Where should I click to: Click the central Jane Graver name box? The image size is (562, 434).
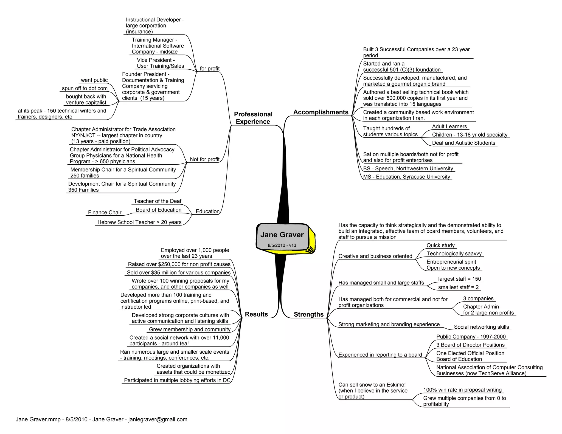click(x=282, y=235)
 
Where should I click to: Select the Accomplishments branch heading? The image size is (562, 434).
click(x=321, y=112)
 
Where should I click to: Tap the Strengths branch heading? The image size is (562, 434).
click(x=308, y=314)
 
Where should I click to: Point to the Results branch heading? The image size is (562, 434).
click(x=256, y=314)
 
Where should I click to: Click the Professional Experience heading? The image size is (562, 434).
click(x=253, y=118)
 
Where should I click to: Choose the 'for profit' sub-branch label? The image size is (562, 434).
click(x=210, y=69)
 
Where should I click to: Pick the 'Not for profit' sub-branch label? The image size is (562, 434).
click(x=204, y=159)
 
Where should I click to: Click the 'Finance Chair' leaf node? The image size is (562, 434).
click(x=105, y=213)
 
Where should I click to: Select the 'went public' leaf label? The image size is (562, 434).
click(x=94, y=80)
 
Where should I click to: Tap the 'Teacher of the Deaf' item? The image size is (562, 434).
click(x=158, y=201)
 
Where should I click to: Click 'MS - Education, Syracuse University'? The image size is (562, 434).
click(x=406, y=177)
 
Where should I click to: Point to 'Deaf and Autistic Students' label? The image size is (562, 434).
click(x=463, y=143)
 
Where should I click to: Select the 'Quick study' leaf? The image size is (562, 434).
click(x=440, y=245)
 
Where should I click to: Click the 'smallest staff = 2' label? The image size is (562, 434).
click(x=458, y=287)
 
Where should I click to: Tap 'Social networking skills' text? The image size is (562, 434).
click(x=481, y=327)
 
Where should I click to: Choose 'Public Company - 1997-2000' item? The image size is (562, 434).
click(x=471, y=337)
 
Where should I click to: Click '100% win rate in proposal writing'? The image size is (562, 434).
click(x=462, y=390)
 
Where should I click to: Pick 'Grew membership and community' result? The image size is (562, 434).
click(x=190, y=329)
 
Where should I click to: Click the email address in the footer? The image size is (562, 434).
click(x=158, y=419)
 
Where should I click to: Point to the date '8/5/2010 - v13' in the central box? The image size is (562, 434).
click(x=282, y=245)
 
